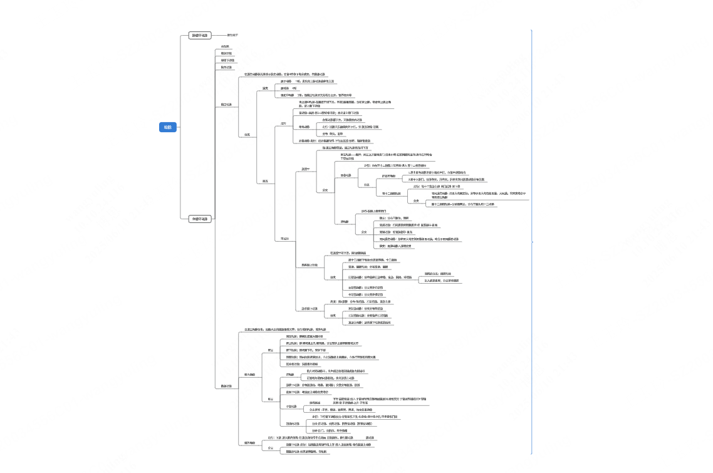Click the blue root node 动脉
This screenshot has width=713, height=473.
(168, 127)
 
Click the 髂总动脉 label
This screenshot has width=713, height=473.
(226, 386)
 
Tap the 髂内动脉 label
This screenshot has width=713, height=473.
(249, 375)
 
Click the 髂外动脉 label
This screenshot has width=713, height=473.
(249, 443)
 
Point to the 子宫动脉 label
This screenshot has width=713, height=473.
(290, 406)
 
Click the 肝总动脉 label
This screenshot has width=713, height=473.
(346, 175)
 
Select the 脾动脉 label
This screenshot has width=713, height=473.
(345, 222)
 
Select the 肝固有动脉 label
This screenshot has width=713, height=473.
(389, 175)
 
